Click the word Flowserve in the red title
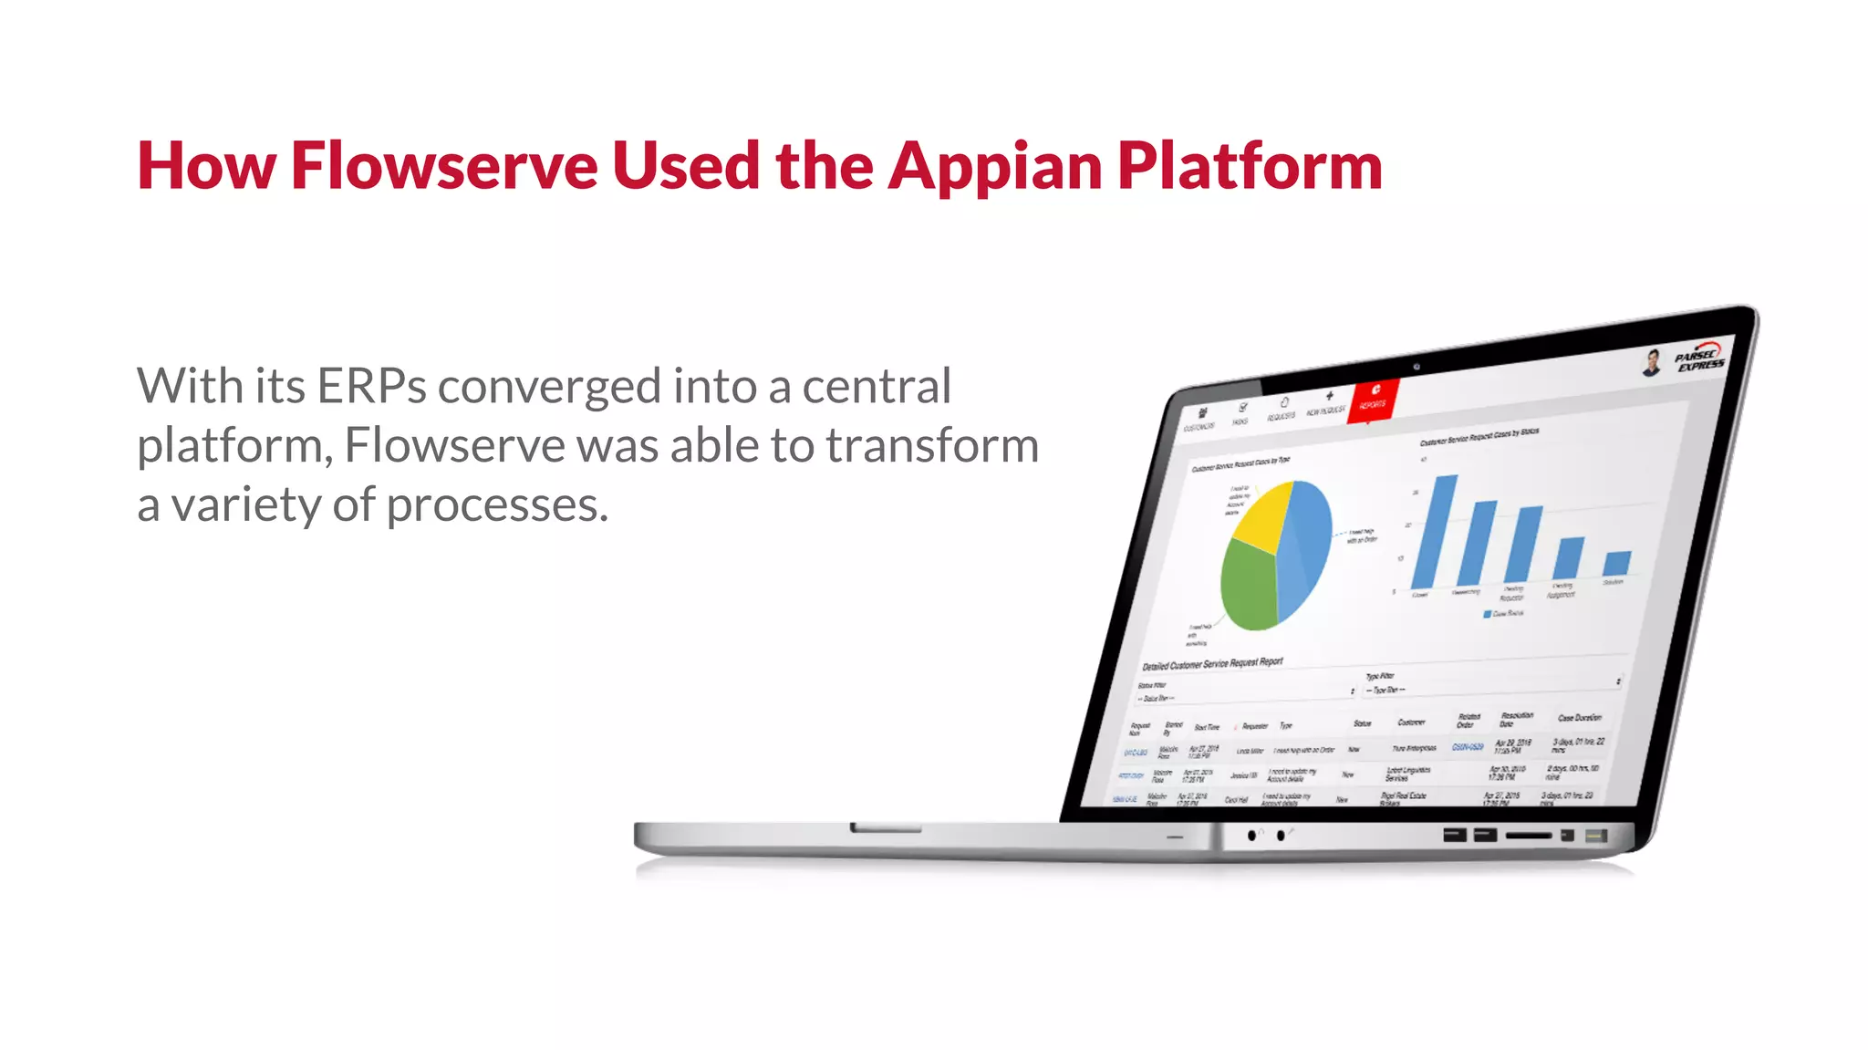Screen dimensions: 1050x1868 click(x=444, y=167)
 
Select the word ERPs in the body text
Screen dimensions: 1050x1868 click(x=371, y=386)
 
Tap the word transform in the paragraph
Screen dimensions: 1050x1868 click(x=932, y=446)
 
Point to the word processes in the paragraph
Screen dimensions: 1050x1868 click(x=497, y=505)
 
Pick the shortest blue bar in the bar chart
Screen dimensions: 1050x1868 click(x=1616, y=563)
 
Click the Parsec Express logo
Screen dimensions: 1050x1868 click(x=1699, y=359)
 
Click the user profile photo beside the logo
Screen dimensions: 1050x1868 click(x=1652, y=362)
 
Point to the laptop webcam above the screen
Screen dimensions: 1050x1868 click(x=1417, y=367)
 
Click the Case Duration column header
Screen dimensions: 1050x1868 click(x=1579, y=718)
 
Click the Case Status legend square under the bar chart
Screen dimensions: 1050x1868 click(x=1488, y=615)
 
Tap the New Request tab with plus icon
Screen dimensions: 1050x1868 click(x=1327, y=403)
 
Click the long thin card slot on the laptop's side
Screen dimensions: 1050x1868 click(x=1528, y=836)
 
